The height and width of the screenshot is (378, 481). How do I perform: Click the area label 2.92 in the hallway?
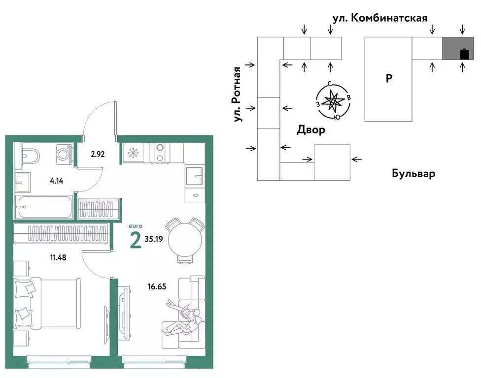pos(98,153)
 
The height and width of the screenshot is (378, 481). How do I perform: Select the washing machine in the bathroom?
pos(63,154)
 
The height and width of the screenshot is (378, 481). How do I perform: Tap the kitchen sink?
pos(195,175)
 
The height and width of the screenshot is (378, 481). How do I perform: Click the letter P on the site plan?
pos(389,78)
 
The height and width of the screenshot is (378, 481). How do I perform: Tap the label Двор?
pos(310,130)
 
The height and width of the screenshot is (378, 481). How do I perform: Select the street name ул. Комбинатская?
pos(379,18)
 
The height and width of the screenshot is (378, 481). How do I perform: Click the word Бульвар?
pos(413,173)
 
